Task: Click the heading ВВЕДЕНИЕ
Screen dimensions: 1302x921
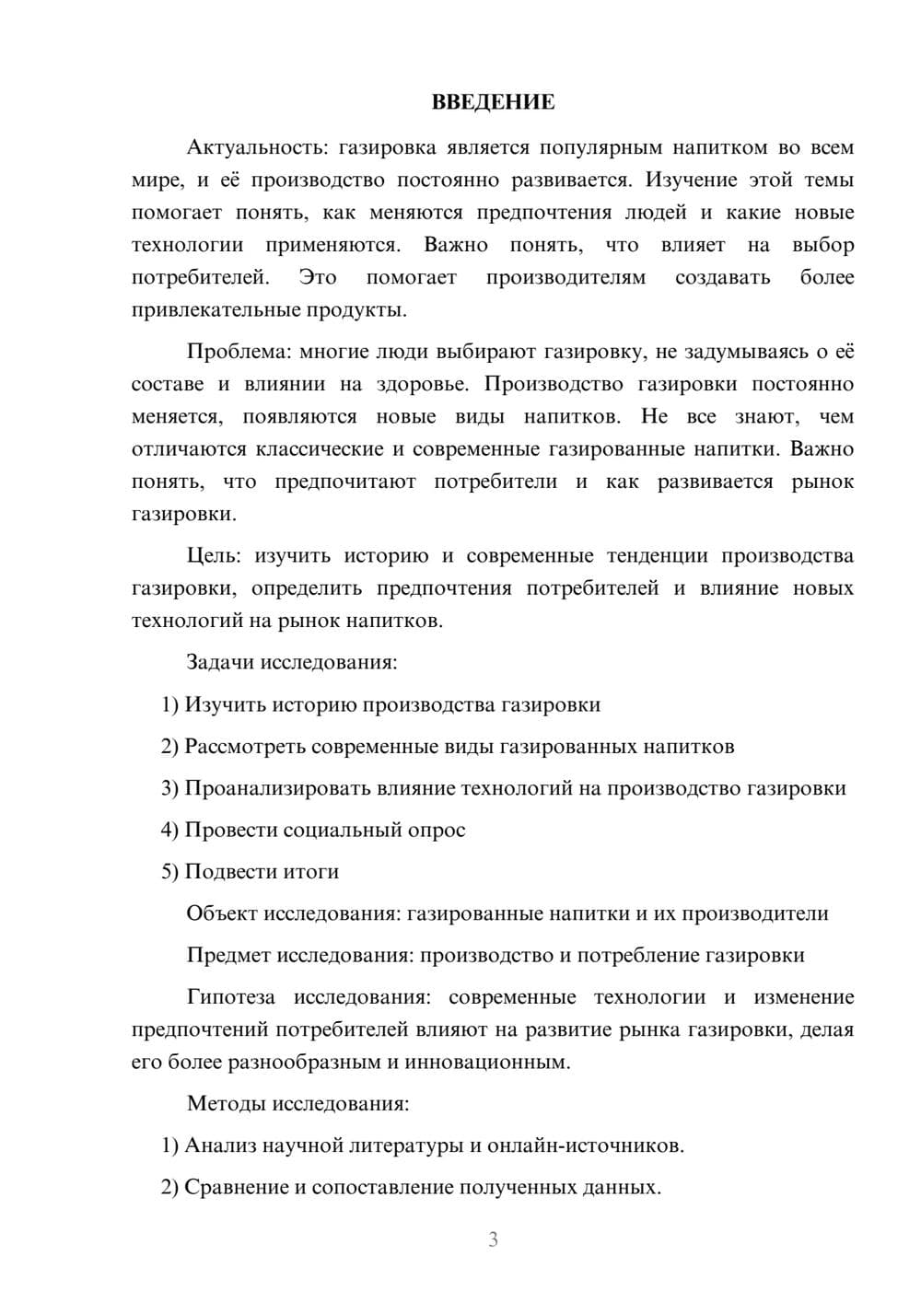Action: coord(493,102)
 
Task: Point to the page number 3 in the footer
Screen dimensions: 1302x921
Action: coord(493,1239)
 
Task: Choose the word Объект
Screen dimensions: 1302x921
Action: coord(222,913)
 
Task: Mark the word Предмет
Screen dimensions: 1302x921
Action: coord(228,955)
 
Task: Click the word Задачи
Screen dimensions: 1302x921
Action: coord(221,662)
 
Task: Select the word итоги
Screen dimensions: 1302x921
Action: coord(313,871)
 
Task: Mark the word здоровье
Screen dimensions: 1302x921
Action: coord(421,384)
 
